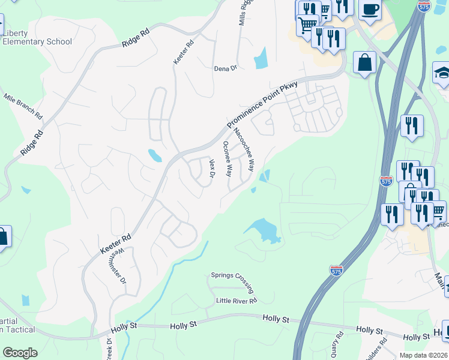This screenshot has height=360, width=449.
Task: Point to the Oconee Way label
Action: coord(228,158)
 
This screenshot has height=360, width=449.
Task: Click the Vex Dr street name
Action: coord(212,168)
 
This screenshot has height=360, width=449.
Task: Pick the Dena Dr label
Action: coord(226,68)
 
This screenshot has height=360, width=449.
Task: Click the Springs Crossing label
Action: coord(232,276)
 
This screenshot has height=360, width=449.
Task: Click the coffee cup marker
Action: coord(370,10)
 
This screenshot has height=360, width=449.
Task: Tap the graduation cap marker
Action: coord(442,73)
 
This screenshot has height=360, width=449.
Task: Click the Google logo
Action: coord(20,353)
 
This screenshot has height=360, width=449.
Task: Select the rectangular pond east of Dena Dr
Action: coord(261,59)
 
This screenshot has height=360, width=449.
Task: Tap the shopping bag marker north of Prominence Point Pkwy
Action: coord(365,61)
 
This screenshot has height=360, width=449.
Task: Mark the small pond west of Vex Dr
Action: coord(155,156)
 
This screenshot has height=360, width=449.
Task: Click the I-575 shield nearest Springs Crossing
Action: coord(337,271)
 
